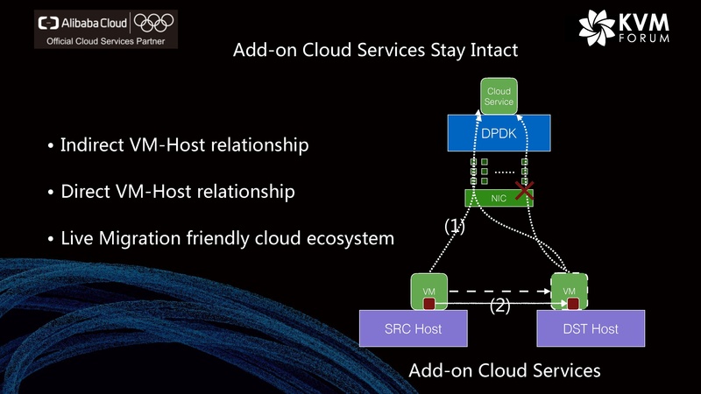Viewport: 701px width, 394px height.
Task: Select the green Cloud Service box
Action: click(x=499, y=96)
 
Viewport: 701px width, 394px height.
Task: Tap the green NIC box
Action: click(x=499, y=198)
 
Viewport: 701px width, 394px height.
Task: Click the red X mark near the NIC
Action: click(x=524, y=191)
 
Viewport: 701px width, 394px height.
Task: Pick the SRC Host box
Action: click(x=412, y=329)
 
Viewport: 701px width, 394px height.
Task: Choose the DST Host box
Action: click(x=590, y=329)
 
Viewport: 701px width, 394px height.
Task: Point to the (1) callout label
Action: click(x=454, y=226)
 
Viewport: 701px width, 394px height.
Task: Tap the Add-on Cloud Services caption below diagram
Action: click(x=505, y=370)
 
